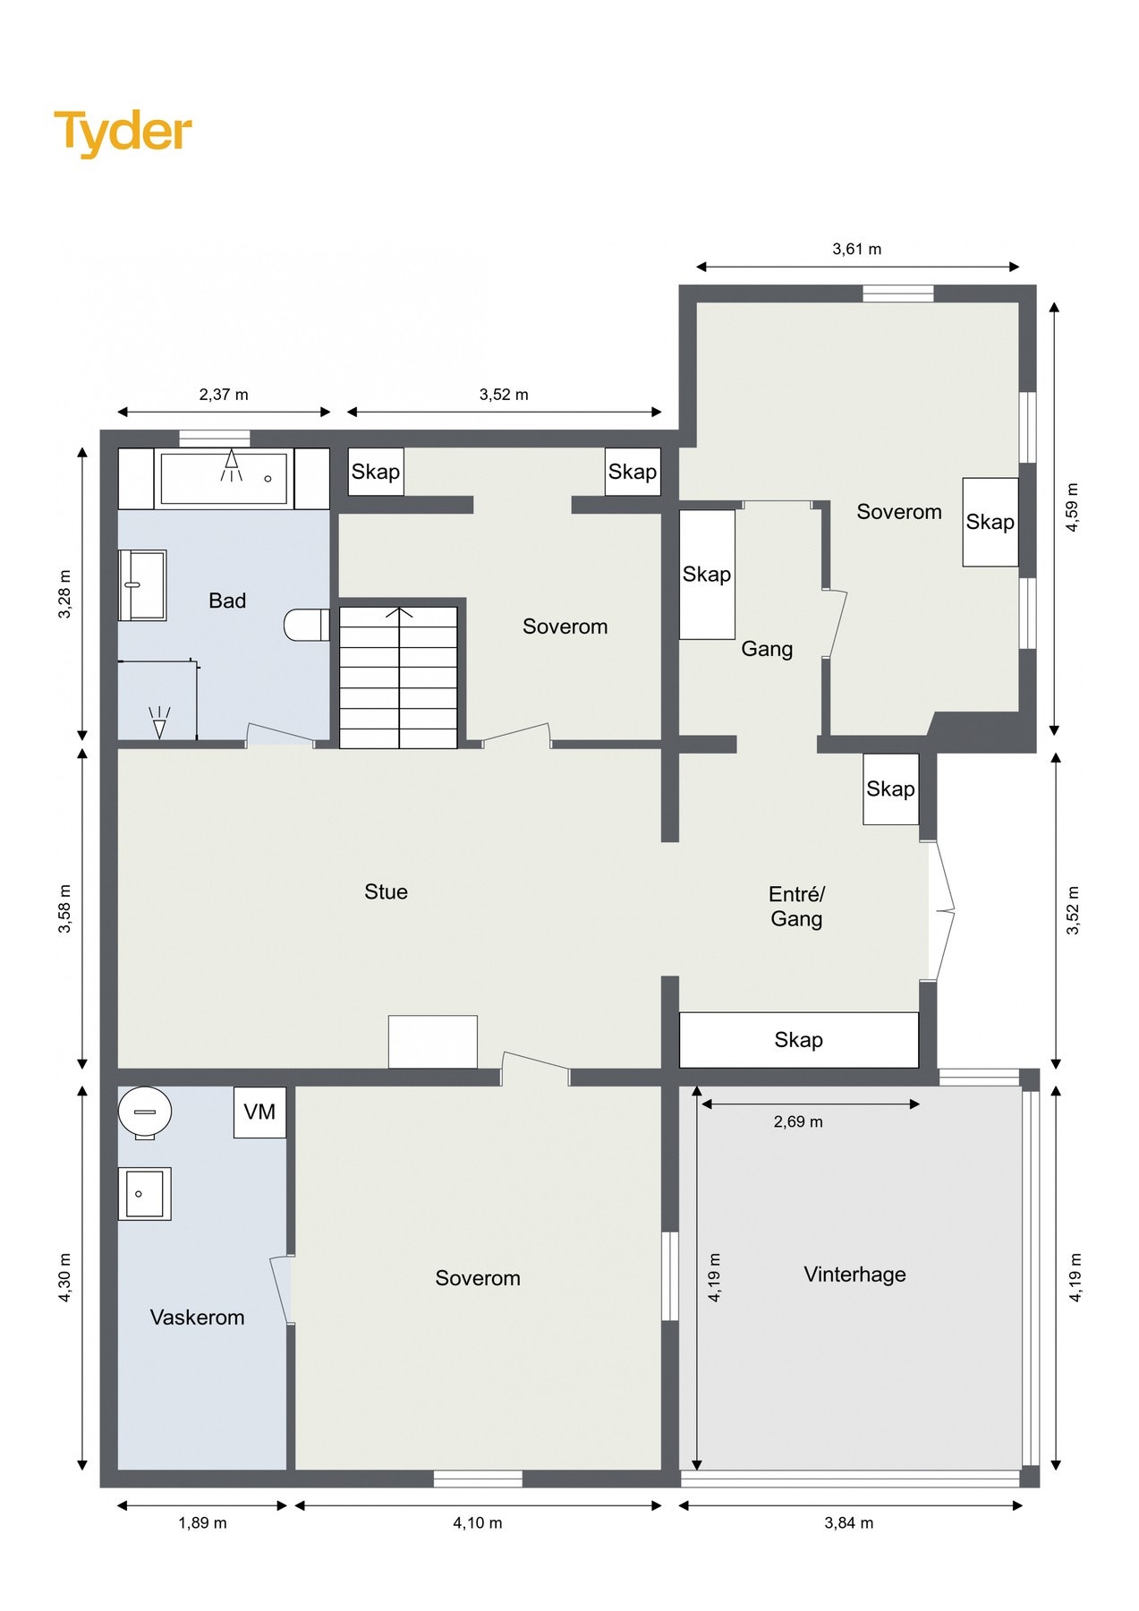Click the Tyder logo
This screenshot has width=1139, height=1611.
[x=123, y=132]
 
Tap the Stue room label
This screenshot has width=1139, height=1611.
[x=386, y=891]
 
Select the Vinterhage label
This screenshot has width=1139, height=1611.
[x=854, y=1274]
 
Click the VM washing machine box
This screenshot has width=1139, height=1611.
[x=259, y=1112]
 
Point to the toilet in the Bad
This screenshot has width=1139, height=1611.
[x=306, y=625]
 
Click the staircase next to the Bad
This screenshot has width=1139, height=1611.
[x=398, y=678]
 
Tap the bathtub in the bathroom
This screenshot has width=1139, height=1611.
[x=225, y=479]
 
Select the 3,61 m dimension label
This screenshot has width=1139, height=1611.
[x=856, y=249]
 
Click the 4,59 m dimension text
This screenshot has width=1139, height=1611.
[x=1073, y=507]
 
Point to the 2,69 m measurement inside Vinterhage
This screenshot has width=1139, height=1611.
[x=798, y=1121]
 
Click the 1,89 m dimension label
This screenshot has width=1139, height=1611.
[x=202, y=1522]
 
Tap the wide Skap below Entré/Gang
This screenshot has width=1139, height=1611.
[x=799, y=1040]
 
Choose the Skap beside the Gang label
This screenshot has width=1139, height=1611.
[x=707, y=575]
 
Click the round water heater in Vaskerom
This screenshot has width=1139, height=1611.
[x=145, y=1113]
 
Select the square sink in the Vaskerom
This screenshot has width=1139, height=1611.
[x=144, y=1194]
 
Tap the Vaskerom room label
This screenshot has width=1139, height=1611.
[x=197, y=1317]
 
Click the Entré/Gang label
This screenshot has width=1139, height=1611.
[x=796, y=906]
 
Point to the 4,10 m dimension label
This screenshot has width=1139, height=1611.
[x=477, y=1522]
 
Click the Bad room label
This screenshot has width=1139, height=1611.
[x=227, y=601]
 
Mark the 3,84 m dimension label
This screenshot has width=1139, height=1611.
[x=848, y=1522]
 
